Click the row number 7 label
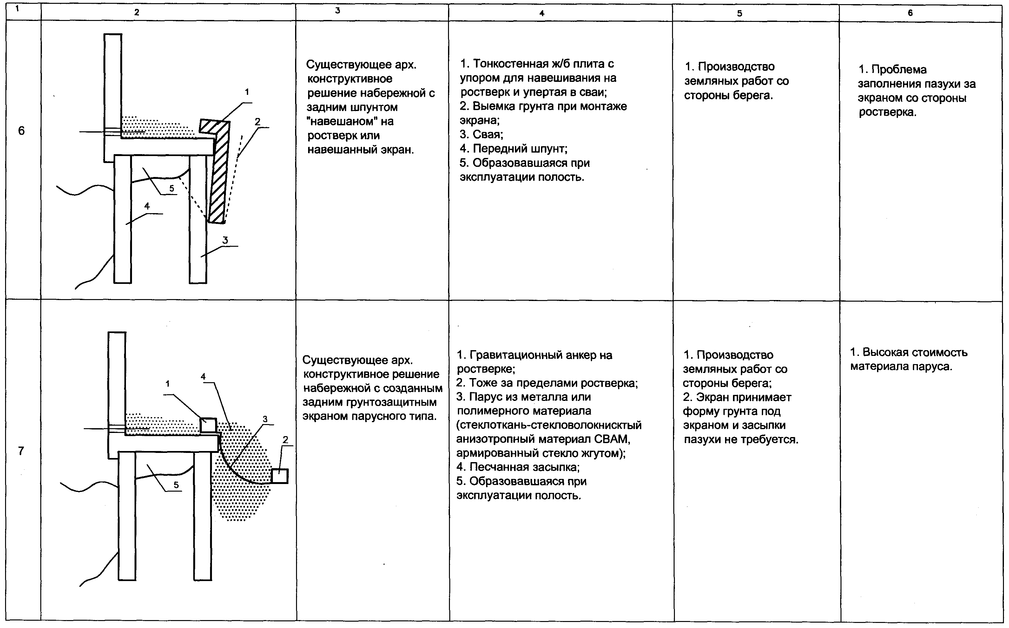click(22, 451)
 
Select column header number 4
click(542, 13)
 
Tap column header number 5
click(739, 13)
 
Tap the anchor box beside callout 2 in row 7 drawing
click(280, 476)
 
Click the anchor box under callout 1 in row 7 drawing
click(208, 425)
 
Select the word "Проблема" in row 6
click(899, 70)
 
